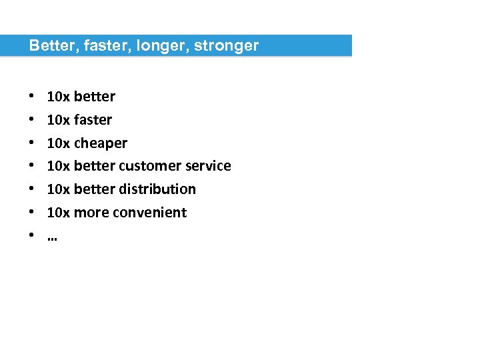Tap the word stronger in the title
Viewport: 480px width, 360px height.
(226, 46)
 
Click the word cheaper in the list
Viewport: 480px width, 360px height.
(100, 143)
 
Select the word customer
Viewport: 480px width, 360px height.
(146, 166)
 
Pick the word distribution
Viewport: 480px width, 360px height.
(157, 189)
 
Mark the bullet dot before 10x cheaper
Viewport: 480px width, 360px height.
(33, 143)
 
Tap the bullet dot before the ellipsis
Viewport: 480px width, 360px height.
(33, 236)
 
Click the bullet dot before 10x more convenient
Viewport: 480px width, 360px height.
(33, 213)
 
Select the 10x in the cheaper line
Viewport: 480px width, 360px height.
(58, 143)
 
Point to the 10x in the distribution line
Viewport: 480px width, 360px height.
(58, 189)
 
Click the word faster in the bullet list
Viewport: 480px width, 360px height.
(93, 120)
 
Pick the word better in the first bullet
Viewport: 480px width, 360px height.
(94, 97)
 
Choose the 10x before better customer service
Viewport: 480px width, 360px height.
(58, 166)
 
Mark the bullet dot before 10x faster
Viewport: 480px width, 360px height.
(33, 120)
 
